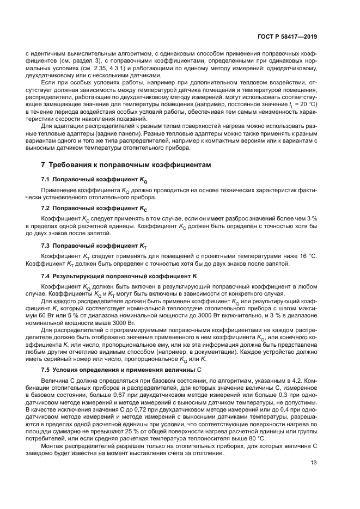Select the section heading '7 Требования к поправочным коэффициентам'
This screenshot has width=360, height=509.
tap(125, 164)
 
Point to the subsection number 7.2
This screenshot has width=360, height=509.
tap(46, 208)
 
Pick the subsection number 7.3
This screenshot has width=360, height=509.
tap(46, 246)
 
